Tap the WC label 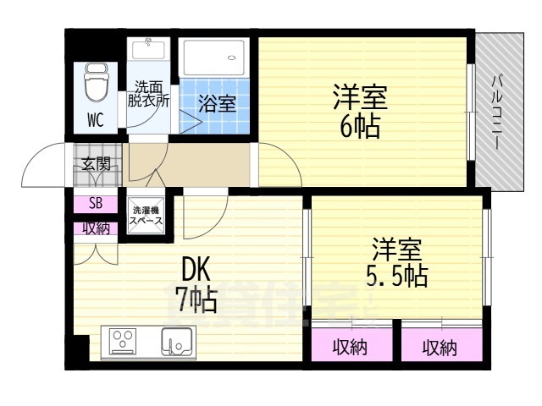[x=95, y=119]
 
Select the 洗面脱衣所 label [x=148, y=92]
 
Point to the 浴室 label [x=218, y=104]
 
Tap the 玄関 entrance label [x=96, y=164]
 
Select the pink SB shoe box [x=95, y=204]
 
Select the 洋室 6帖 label [x=359, y=111]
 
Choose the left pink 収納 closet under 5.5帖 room [x=350, y=347]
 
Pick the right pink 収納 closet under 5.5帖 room [x=440, y=347]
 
